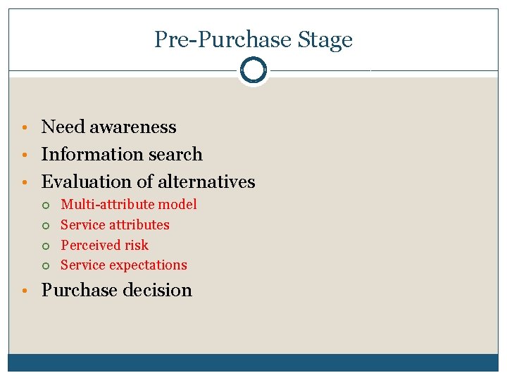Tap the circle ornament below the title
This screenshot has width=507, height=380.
pyautogui.click(x=253, y=70)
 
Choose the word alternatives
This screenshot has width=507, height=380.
pyautogui.click(x=206, y=182)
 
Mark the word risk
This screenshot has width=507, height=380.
pyautogui.click(x=137, y=245)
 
